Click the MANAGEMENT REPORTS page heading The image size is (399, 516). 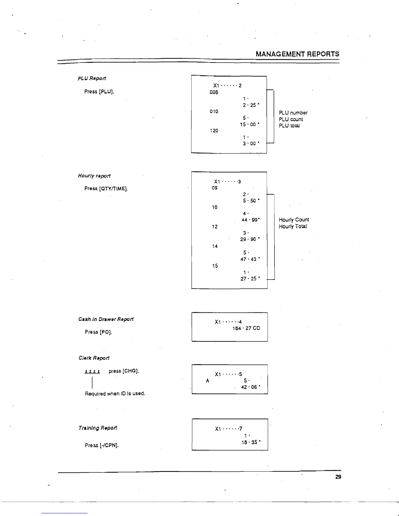pyautogui.click(x=297, y=54)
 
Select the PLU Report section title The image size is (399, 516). pyautogui.click(x=92, y=79)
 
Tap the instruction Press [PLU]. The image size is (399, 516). pyautogui.click(x=99, y=92)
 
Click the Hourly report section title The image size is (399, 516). pyautogui.click(x=94, y=176)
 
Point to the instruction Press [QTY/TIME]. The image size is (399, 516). pyautogui.click(x=106, y=189)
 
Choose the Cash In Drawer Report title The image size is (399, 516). pyautogui.click(x=106, y=319)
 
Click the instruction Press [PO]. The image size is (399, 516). pyautogui.click(x=98, y=332)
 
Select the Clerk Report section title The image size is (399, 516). pyautogui.click(x=94, y=358)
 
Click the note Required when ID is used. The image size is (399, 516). pyautogui.click(x=115, y=394)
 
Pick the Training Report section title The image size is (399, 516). pyautogui.click(x=98, y=428)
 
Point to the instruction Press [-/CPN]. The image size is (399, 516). pyautogui.click(x=102, y=445)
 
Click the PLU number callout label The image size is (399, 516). pyautogui.click(x=293, y=113)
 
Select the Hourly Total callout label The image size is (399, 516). pyautogui.click(x=293, y=226)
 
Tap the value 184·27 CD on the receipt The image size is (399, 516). pyautogui.click(x=246, y=328)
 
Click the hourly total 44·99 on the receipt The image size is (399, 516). pyautogui.click(x=250, y=220)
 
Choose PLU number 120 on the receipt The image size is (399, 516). pyautogui.click(x=214, y=131)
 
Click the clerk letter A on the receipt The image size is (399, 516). pyautogui.click(x=207, y=380)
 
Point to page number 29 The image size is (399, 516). pyautogui.click(x=338, y=477)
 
